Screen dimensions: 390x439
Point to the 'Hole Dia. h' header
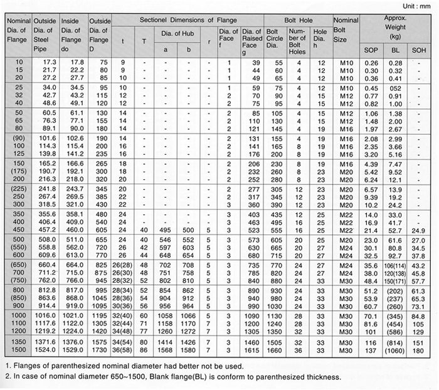coord(320,34)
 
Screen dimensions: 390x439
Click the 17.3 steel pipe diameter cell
coord(49,63)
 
